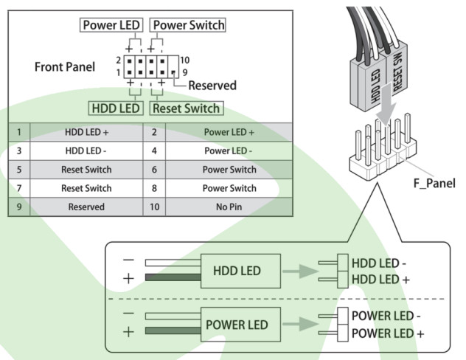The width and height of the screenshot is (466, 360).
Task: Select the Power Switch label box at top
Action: pos(187,25)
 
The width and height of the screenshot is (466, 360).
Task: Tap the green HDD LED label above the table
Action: pos(116,108)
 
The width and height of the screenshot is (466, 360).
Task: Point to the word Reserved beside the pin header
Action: pos(212,85)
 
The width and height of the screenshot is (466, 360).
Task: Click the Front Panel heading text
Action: pos(65,66)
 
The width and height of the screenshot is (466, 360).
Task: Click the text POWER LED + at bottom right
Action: pos(387,333)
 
